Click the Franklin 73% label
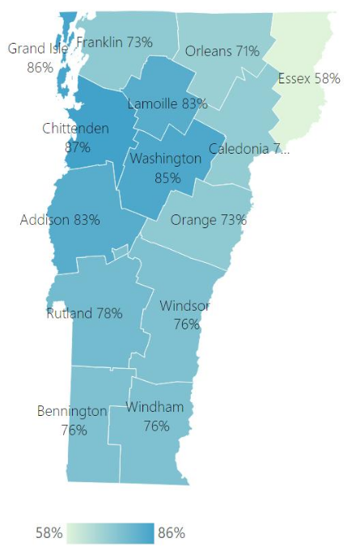click(114, 42)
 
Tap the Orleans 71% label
click(222, 51)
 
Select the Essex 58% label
click(308, 78)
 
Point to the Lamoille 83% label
click(167, 104)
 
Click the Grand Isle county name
click(38, 49)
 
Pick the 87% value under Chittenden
click(78, 147)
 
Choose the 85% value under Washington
click(167, 177)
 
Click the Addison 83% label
click(60, 219)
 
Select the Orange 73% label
click(208, 219)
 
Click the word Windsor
click(185, 306)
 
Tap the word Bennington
click(72, 411)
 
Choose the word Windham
click(155, 407)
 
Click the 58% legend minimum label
click(49, 533)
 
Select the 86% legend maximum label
click(172, 533)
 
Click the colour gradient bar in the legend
click(111, 533)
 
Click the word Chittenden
click(77, 129)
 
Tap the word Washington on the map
click(166, 159)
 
